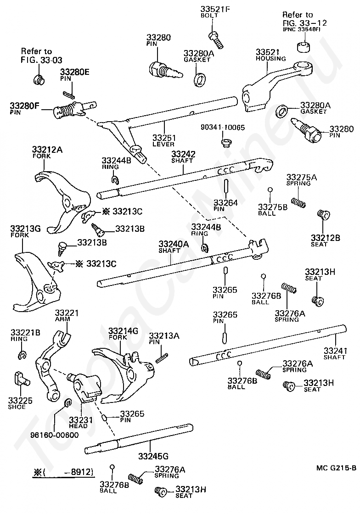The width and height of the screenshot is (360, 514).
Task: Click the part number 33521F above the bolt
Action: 215,9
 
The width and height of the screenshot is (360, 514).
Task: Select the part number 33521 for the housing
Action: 267,52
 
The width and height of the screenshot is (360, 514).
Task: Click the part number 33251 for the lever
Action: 164,138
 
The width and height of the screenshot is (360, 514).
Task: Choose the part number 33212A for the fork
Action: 47,150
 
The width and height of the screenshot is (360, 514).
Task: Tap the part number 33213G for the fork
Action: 25,229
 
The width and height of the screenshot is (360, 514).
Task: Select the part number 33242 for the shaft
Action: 183,154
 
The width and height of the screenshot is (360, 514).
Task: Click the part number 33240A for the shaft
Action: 174,244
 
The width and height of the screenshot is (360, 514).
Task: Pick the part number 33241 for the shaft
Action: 335,351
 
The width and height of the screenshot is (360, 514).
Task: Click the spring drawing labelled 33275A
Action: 298,202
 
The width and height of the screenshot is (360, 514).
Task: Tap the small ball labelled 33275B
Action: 270,190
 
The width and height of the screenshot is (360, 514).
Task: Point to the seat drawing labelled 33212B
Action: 323,214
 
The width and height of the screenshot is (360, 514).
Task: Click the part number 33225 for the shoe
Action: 20,400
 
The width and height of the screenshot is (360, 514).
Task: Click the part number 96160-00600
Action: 55,435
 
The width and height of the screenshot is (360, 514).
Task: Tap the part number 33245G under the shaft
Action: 153,456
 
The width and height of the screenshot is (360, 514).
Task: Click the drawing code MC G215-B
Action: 336,468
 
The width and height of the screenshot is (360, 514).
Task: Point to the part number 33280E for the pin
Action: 75,72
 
